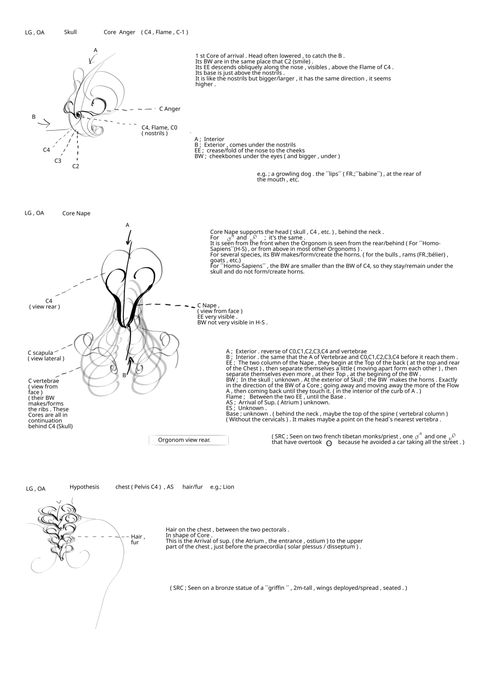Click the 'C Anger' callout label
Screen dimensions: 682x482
tap(170, 109)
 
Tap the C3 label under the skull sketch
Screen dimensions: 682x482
tap(58, 161)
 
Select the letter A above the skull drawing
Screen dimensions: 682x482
tap(96, 50)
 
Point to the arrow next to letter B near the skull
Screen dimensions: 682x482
tap(44, 123)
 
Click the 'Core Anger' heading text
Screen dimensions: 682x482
tap(119, 32)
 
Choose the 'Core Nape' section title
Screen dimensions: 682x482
tap(76, 213)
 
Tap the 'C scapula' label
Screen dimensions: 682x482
tap(40, 353)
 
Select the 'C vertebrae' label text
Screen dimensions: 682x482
tap(43, 381)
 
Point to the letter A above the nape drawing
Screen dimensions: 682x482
tap(128, 225)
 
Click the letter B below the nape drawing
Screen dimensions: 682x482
tap(124, 375)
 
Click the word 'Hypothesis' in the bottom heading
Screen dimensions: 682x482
tap(84, 487)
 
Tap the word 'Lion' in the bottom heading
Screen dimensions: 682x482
tap(228, 487)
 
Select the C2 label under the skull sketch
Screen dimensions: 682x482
tap(76, 166)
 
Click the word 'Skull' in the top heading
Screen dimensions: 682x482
tap(70, 32)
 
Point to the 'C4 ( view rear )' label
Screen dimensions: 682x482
tap(45, 304)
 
